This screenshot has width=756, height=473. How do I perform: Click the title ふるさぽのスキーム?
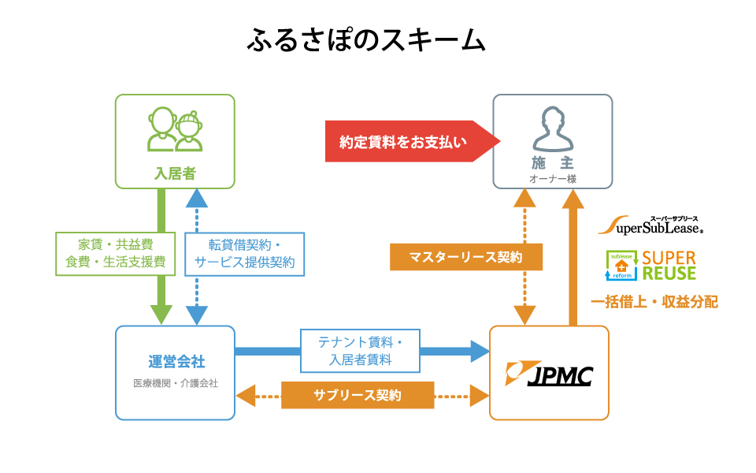pos(366,39)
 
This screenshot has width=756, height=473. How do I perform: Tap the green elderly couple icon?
pos(175,129)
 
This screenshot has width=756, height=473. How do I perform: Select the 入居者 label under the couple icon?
pos(175,173)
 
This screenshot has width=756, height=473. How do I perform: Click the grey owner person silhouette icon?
pos(553,128)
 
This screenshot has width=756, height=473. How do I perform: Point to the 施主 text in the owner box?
pos(553,163)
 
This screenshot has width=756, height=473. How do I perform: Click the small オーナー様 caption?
pos(553,179)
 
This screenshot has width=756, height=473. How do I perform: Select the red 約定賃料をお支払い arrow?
pos(413,141)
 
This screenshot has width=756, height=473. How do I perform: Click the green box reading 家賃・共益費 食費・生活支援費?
pos(115,254)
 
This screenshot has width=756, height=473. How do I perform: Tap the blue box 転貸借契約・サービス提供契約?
pos(244,255)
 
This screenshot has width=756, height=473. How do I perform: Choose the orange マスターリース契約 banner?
pos(465,257)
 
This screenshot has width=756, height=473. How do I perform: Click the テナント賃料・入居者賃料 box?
pos(360,351)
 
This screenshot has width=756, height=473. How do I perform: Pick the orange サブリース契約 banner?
pos(358,395)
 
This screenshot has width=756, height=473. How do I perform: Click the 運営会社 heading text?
pos(176,362)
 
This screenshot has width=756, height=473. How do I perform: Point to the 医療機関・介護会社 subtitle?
pos(176,383)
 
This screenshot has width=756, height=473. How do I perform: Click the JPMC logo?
pos(549,374)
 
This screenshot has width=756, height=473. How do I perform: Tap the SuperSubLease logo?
pos(650,225)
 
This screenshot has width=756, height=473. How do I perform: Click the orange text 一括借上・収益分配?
pos(654,302)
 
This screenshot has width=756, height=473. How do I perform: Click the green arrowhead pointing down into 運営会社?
pos(161,315)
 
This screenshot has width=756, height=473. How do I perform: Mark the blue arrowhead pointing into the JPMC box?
pos(480,351)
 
